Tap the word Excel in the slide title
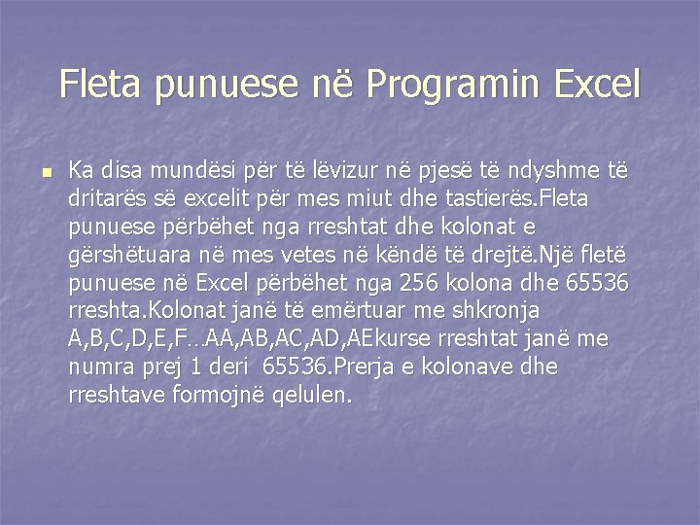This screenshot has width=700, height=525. click(x=598, y=85)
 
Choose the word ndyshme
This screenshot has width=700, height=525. click(x=547, y=171)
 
